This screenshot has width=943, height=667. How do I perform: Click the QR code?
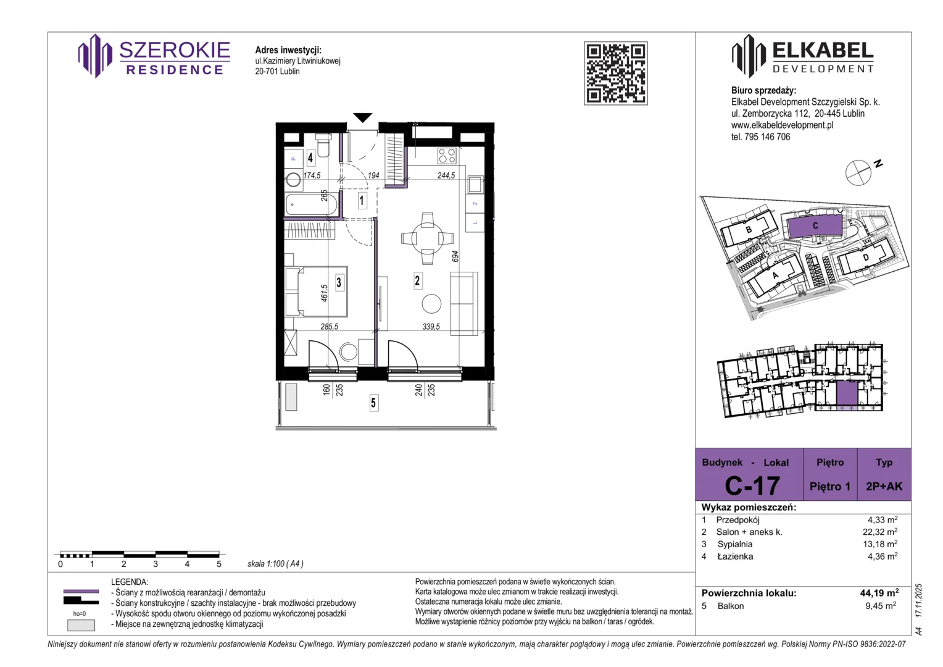click(615, 73)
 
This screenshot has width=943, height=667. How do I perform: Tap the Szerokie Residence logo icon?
click(95, 56)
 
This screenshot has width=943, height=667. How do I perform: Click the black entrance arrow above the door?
click(362, 117)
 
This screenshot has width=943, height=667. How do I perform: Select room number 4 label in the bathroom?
click(310, 157)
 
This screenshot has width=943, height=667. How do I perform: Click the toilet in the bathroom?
click(323, 145)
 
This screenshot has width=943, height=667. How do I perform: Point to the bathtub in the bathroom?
click(311, 205)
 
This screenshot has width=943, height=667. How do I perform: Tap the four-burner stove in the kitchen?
click(447, 156)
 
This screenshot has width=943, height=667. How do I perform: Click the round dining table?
click(427, 238)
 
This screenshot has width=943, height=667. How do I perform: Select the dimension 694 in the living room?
click(455, 256)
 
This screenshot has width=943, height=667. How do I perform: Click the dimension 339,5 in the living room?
click(431, 327)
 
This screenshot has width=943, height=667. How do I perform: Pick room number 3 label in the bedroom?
click(339, 282)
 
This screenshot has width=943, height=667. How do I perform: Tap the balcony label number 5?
click(373, 403)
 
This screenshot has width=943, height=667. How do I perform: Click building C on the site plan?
click(815, 226)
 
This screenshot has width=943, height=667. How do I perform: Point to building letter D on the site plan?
click(865, 258)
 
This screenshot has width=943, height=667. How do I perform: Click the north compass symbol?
click(858, 173)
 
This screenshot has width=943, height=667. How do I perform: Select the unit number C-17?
click(752, 485)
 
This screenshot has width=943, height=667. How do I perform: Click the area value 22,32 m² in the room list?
click(880, 532)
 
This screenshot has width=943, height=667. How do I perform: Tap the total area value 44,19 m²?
click(879, 593)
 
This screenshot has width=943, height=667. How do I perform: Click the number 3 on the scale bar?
click(156, 564)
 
